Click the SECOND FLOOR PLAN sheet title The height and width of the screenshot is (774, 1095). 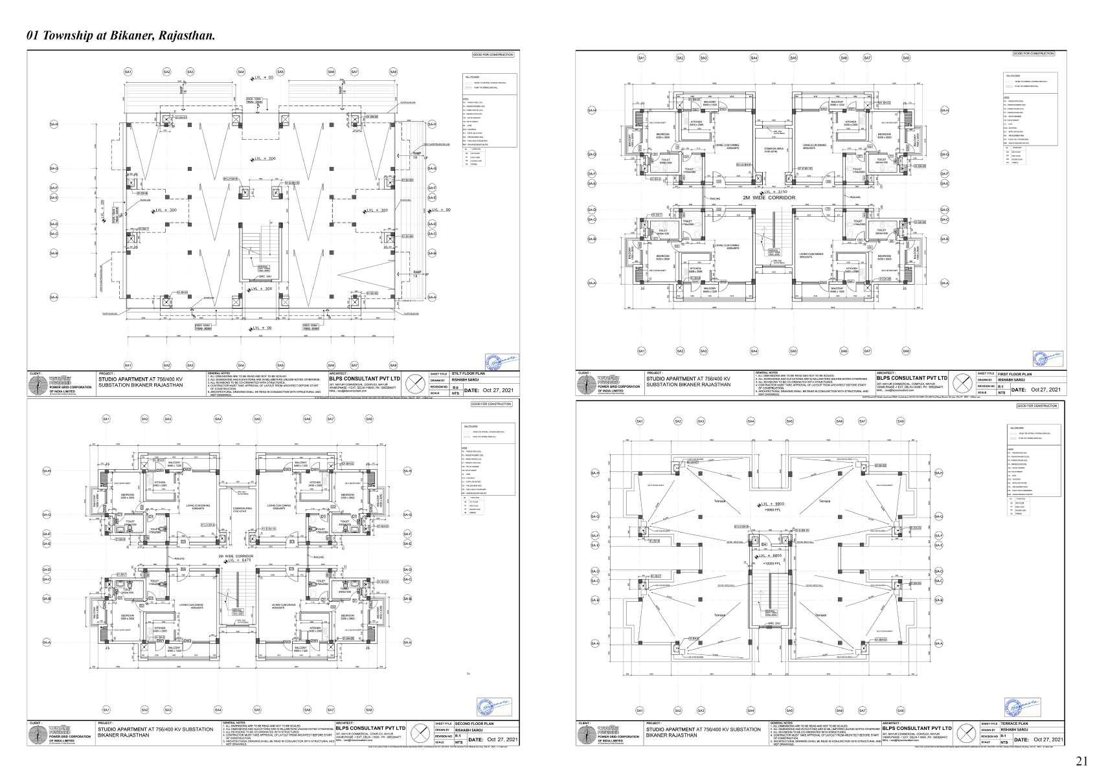475,724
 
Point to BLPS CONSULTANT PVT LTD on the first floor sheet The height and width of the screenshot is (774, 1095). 912,378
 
